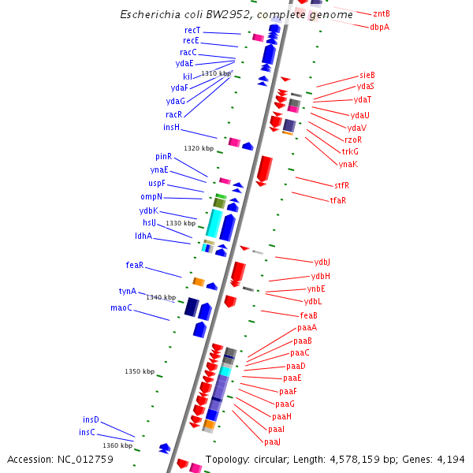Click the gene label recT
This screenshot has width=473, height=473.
click(x=192, y=30)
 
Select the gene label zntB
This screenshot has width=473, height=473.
click(x=382, y=13)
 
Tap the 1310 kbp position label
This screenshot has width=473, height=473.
click(x=216, y=73)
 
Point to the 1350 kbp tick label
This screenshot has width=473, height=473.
click(x=140, y=371)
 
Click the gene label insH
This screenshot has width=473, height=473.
click(x=172, y=127)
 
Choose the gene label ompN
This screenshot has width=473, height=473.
click(x=151, y=196)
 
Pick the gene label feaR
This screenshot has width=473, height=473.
click(x=135, y=265)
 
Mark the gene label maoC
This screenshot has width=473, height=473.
click(x=121, y=307)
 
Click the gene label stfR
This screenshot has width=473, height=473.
click(x=341, y=185)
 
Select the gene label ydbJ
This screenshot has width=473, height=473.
click(x=322, y=262)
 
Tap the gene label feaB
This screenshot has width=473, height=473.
click(x=309, y=315)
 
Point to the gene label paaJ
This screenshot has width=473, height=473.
click(x=273, y=441)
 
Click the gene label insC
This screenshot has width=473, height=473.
click(x=87, y=432)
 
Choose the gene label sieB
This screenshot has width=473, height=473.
click(x=367, y=75)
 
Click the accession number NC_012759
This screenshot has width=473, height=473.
click(x=77, y=459)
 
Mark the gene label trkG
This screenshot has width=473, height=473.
click(x=350, y=151)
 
